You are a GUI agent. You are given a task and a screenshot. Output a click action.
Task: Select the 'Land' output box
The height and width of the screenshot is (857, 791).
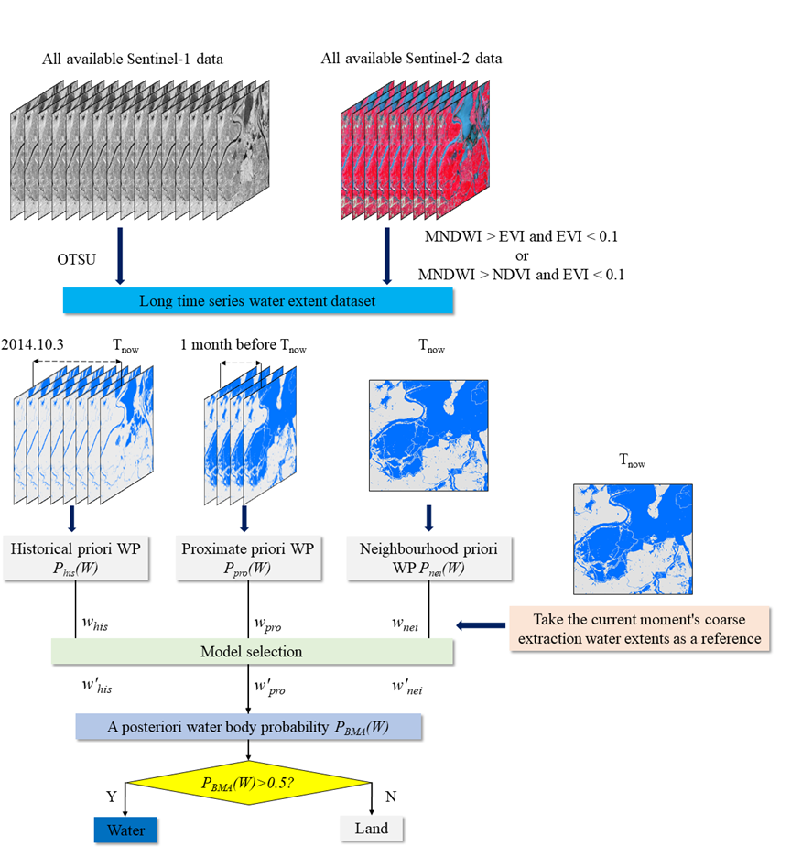[372, 829]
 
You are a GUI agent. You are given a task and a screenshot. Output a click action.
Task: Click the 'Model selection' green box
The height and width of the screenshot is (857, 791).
[251, 652]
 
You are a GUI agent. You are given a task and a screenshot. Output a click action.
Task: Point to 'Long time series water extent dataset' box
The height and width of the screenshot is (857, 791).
[256, 300]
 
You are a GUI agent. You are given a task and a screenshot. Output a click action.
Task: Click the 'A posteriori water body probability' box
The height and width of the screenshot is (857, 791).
[249, 727]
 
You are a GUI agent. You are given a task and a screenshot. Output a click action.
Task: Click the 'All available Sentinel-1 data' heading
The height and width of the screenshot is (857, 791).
[133, 60]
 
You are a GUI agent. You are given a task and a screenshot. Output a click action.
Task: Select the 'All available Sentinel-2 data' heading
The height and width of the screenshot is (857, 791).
[411, 60]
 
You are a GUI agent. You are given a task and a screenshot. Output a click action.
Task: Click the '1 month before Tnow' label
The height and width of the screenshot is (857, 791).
[244, 347]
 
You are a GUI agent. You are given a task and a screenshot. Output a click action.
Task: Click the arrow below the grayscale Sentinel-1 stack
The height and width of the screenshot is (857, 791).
[120, 263]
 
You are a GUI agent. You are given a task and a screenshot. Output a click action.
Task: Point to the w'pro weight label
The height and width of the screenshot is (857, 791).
[267, 686]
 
